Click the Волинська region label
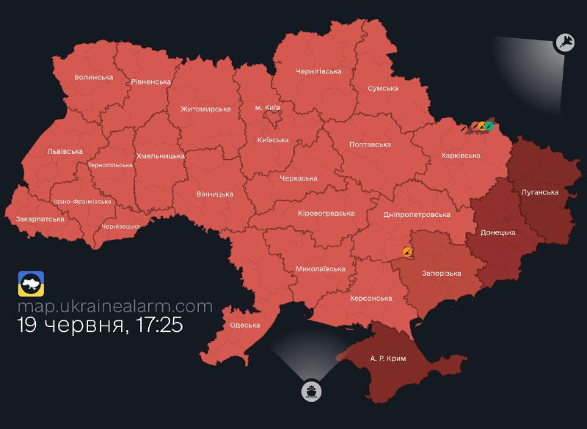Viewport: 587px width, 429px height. (x=93, y=77)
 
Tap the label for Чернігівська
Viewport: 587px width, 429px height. (x=318, y=71)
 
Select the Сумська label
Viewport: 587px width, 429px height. (x=383, y=88)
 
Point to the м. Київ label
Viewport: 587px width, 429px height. (x=268, y=108)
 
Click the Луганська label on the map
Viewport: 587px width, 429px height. (x=539, y=192)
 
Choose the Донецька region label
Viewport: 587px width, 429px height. (x=497, y=232)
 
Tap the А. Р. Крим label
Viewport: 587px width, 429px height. (x=388, y=358)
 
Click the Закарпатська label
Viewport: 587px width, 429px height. (x=40, y=219)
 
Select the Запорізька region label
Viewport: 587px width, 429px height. (x=441, y=274)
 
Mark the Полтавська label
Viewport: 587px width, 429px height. (x=370, y=144)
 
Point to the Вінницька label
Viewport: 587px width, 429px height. (x=215, y=194)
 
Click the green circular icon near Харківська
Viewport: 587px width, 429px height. (x=489, y=126)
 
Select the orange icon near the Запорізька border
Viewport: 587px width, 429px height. (x=406, y=252)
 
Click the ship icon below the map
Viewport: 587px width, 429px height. (x=311, y=391)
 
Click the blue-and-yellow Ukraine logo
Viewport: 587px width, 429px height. (x=31, y=284)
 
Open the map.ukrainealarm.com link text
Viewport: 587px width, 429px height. (x=115, y=307)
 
